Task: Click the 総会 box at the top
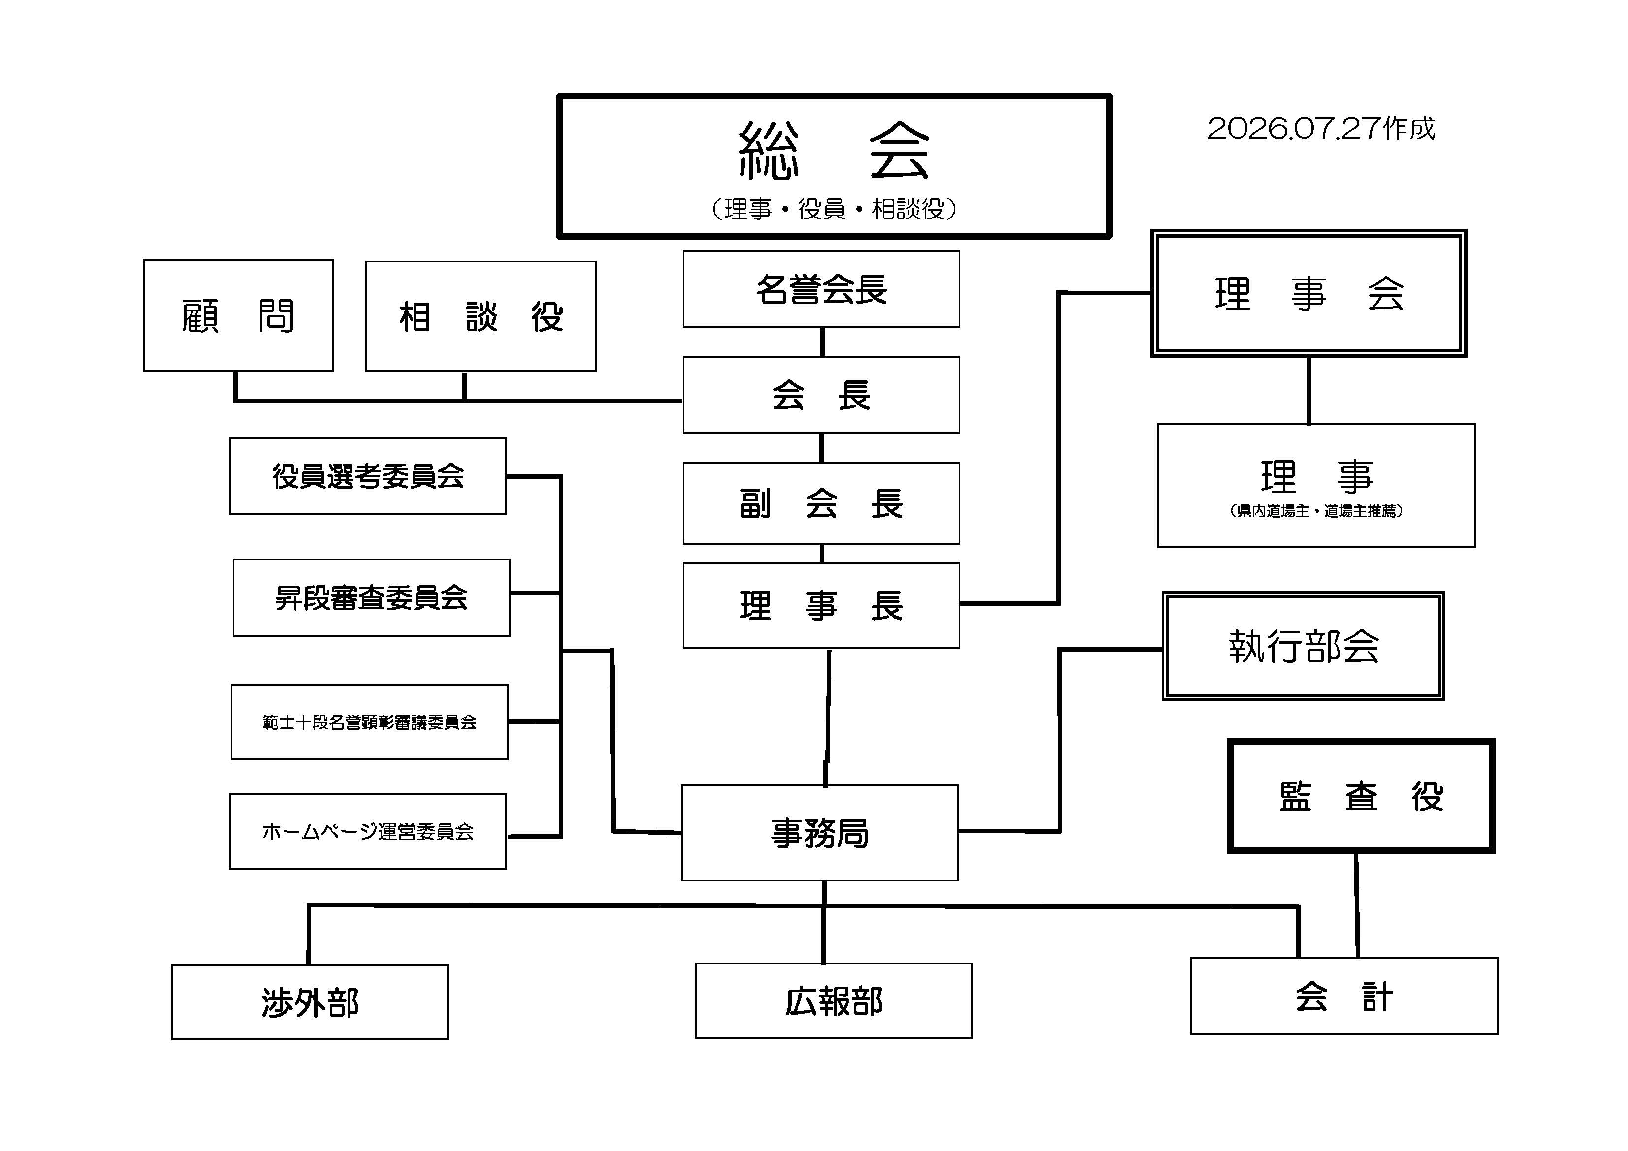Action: [x=834, y=166]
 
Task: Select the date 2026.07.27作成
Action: [x=1321, y=129]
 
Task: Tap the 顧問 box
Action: [x=238, y=315]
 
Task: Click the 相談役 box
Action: [x=481, y=316]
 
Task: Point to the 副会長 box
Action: [x=821, y=503]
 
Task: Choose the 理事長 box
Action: [x=821, y=605]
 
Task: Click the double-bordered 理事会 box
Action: [x=1308, y=293]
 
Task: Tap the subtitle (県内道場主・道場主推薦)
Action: [x=1316, y=511]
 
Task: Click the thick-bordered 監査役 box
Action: [x=1361, y=796]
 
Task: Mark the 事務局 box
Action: [x=820, y=833]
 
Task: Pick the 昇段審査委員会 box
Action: [x=372, y=597]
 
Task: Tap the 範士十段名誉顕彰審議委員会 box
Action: [x=369, y=722]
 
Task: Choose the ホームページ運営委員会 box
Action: [x=368, y=831]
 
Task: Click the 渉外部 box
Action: [x=310, y=1002]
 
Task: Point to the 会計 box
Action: [x=1344, y=996]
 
